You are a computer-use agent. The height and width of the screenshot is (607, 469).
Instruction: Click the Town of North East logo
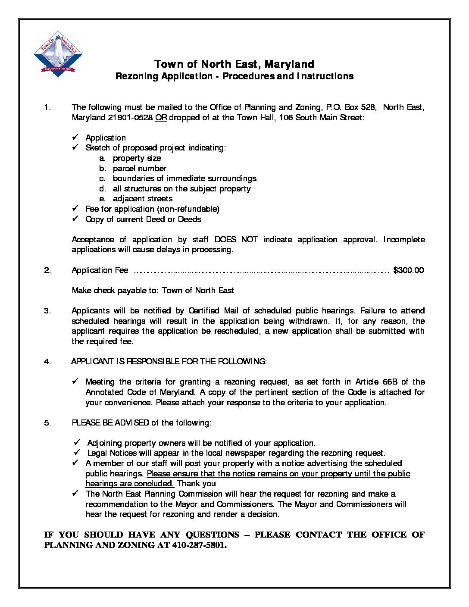58,54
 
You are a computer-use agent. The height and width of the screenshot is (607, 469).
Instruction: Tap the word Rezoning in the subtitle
136,76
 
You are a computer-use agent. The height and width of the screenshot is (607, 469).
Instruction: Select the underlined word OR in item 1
161,118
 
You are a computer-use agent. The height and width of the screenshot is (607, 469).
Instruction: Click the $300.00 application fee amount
408,270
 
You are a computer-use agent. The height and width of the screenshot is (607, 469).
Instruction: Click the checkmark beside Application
75,137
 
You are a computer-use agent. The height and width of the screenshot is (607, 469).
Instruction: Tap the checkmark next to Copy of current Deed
75,219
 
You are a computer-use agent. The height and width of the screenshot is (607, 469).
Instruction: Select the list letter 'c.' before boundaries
102,178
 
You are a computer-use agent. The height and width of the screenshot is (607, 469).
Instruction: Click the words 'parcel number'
139,169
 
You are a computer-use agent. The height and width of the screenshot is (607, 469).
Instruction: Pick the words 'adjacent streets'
142,199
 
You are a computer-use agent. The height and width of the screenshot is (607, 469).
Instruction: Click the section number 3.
47,311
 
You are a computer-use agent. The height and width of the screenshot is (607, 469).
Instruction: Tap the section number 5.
47,423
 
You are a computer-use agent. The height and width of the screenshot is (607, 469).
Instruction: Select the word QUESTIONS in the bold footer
212,535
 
